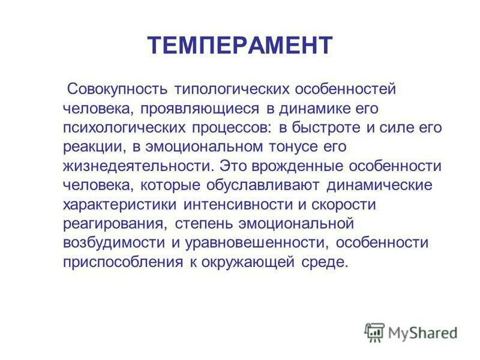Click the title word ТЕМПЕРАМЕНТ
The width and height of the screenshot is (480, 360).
coord(240,46)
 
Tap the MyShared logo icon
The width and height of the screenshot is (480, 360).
coord(374,332)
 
